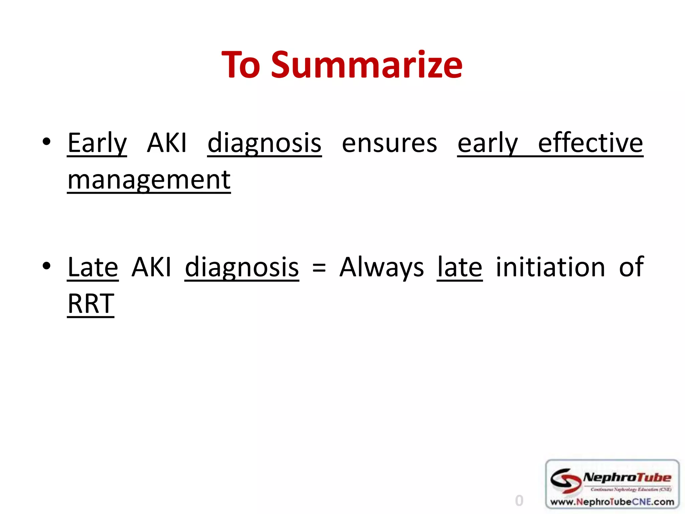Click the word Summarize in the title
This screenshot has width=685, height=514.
[x=367, y=65]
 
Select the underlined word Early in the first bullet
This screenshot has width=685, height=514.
[x=97, y=143]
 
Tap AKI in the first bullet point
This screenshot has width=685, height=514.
[x=167, y=143]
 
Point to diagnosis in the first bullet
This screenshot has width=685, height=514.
[x=264, y=143]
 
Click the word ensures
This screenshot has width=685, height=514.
[x=389, y=143]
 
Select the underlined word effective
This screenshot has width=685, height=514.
[x=590, y=143]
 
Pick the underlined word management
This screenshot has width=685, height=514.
[x=149, y=180]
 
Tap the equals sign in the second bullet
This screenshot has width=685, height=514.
[x=319, y=268]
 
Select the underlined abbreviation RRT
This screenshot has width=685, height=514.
[x=91, y=304]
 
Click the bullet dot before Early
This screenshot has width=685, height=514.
[x=46, y=142]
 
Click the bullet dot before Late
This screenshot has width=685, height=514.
[x=46, y=266]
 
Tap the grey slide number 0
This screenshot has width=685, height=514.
[x=519, y=501]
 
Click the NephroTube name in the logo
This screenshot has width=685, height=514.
[x=627, y=478]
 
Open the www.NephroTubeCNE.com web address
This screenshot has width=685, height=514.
[x=612, y=502]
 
